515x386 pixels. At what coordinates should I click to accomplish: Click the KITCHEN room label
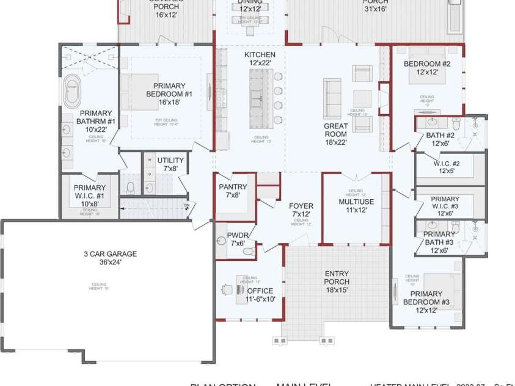pyautogui.click(x=260, y=55)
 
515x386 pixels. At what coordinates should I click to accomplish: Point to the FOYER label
pyautogui.click(x=301, y=206)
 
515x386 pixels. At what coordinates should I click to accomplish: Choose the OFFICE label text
pyautogui.click(x=260, y=291)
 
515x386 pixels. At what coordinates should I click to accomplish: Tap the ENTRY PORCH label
pyautogui.click(x=337, y=277)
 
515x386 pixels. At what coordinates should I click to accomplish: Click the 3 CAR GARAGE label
pyautogui.click(x=110, y=254)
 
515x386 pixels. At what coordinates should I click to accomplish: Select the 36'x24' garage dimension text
pyautogui.click(x=110, y=263)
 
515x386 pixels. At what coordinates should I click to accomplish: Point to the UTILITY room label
pyautogui.click(x=170, y=161)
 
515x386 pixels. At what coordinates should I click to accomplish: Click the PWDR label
pyautogui.click(x=236, y=235)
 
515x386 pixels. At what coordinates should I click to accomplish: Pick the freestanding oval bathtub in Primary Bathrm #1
pyautogui.click(x=72, y=92)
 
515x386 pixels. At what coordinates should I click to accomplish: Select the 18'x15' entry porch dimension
pyautogui.click(x=337, y=291)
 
